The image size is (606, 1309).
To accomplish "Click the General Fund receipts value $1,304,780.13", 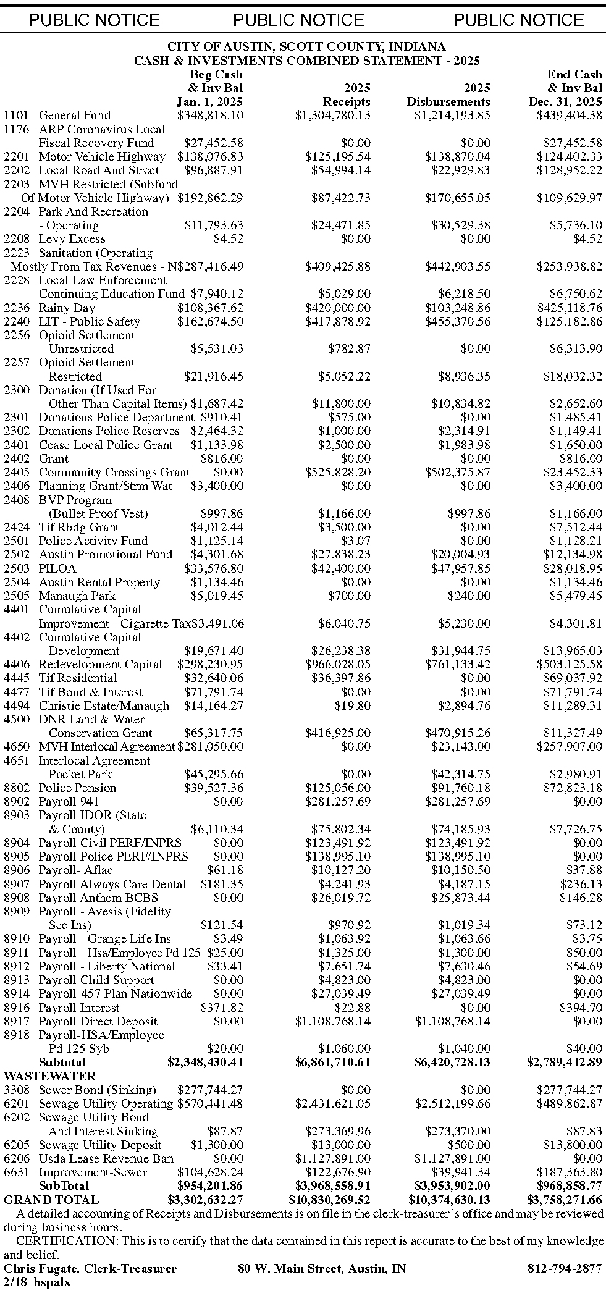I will click(x=332, y=115).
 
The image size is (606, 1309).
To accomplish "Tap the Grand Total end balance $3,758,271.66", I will click(x=564, y=1200).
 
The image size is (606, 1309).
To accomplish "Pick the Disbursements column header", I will click(x=448, y=101).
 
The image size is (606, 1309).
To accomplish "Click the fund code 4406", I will click(x=16, y=664).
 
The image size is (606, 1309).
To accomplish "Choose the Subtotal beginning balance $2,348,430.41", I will click(x=205, y=1062).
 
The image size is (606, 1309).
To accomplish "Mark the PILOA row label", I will click(x=57, y=568).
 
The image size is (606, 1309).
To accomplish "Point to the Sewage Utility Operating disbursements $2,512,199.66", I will click(x=453, y=1103).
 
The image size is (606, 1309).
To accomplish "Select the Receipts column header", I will click(x=347, y=101).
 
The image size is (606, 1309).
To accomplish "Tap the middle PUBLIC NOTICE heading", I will click(x=298, y=20).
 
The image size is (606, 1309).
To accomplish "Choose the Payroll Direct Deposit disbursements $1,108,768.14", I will click(x=453, y=1021).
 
